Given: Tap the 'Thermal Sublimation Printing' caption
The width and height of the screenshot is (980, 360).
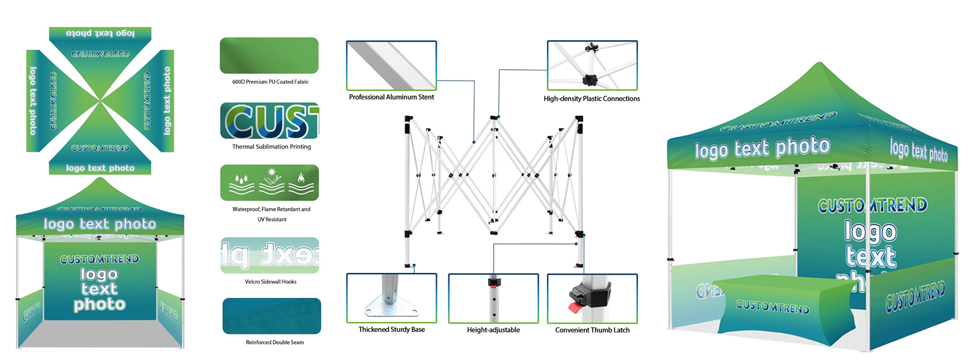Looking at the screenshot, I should point(272,147).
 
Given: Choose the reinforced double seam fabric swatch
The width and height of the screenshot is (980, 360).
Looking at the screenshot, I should point(272,316).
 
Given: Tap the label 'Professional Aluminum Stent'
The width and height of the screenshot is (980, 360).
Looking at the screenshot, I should point(391,97).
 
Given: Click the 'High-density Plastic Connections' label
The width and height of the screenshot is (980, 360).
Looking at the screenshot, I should point(591,99).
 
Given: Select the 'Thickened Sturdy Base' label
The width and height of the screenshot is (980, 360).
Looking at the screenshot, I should point(391,329).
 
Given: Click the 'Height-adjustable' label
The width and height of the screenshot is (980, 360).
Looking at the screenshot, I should point(493,330).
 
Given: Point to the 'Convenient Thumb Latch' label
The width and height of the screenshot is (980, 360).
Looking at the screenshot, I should point(592,330).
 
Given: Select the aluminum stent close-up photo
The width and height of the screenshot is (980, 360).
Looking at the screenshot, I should point(391,65).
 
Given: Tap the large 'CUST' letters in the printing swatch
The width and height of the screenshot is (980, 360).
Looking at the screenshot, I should point(269,120).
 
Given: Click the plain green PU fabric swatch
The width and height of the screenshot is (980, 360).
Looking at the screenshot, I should point(269,55).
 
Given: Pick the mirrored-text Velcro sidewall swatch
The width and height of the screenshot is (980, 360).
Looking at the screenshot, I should point(269,255).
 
